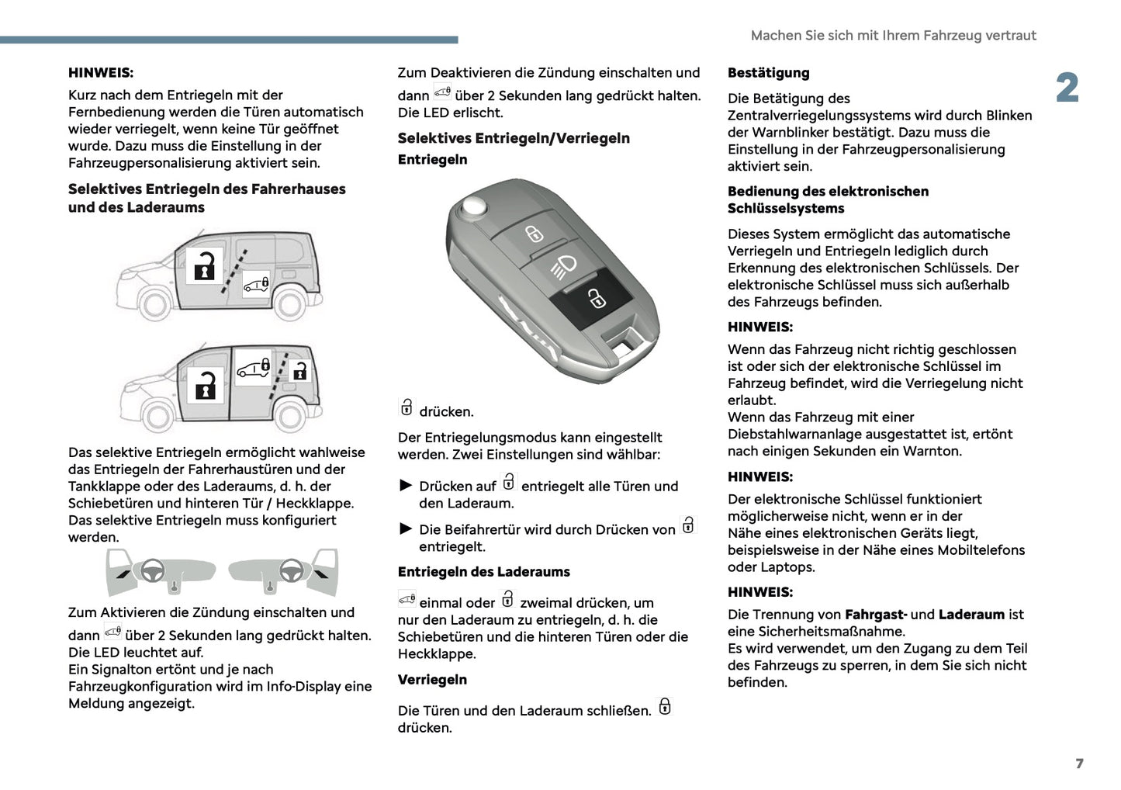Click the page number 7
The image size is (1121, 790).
tap(1079, 764)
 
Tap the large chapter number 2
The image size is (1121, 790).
tap(1067, 88)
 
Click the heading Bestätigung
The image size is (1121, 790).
tap(768, 73)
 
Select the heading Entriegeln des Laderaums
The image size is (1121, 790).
tap(483, 572)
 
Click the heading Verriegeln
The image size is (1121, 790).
tap(432, 680)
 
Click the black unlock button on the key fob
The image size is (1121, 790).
tap(594, 297)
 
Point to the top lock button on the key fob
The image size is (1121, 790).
tap(534, 233)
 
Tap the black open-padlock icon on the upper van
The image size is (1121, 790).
tap(205, 265)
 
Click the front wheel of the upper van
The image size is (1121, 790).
tap(154, 304)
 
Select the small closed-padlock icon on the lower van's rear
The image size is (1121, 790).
tap(299, 372)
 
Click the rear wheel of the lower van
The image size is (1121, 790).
tap(289, 418)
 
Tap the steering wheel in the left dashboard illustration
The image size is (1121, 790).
tap(152, 571)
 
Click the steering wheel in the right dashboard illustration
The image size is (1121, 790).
tap(291, 571)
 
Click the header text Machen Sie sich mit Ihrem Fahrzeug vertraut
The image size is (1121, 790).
tap(893, 36)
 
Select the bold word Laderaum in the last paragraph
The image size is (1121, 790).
tap(971, 615)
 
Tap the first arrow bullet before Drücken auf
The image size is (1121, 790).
tap(406, 486)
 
